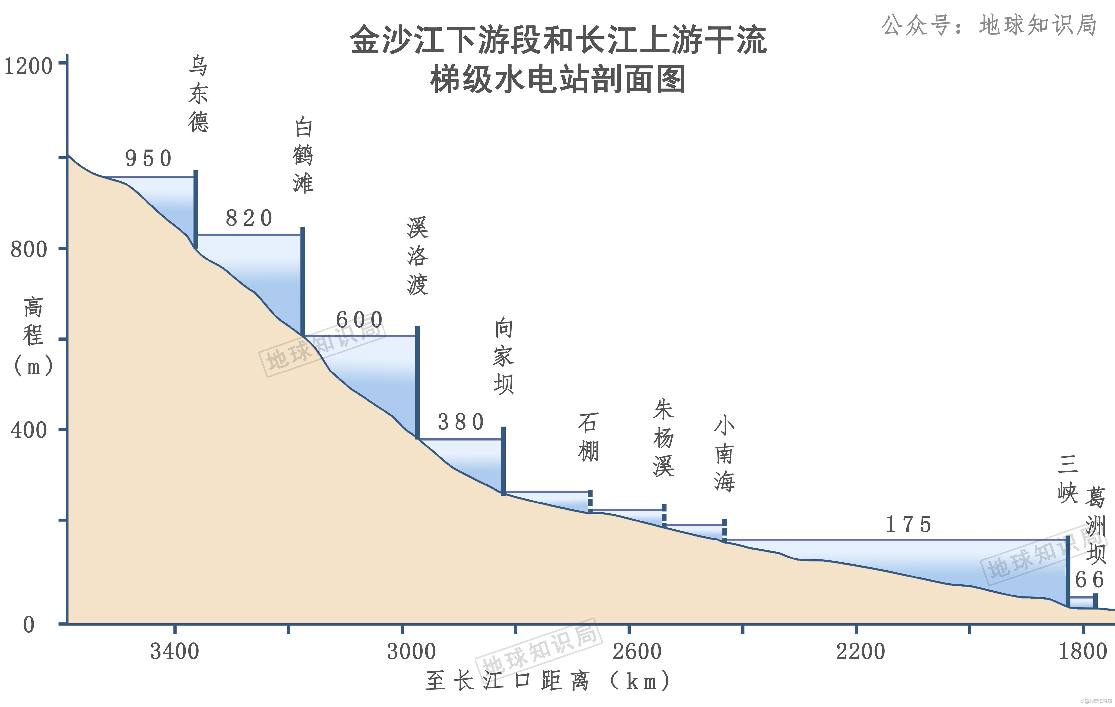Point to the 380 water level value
tap(461, 422)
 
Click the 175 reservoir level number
tap(908, 525)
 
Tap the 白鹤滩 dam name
tap(303, 155)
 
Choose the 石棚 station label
tap(588, 437)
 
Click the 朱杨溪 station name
tap(663, 438)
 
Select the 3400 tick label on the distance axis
tap(175, 651)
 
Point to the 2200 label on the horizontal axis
tap(860, 651)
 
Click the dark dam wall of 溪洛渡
tap(418, 382)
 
